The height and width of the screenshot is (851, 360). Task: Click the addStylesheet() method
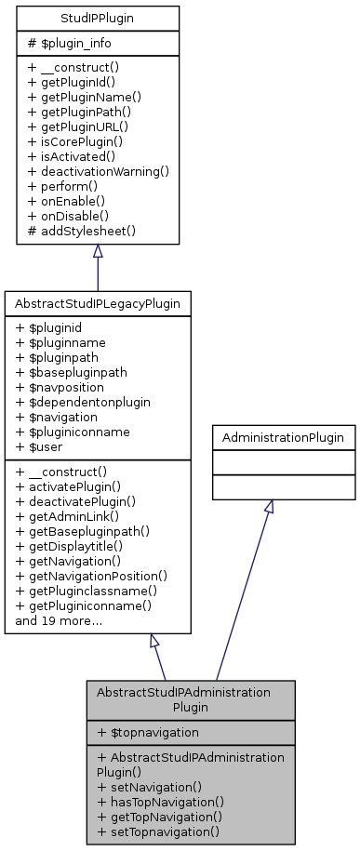click(x=82, y=229)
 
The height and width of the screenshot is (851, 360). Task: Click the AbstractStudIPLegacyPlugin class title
click(x=98, y=303)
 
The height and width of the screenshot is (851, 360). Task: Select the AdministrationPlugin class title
click(x=284, y=436)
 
